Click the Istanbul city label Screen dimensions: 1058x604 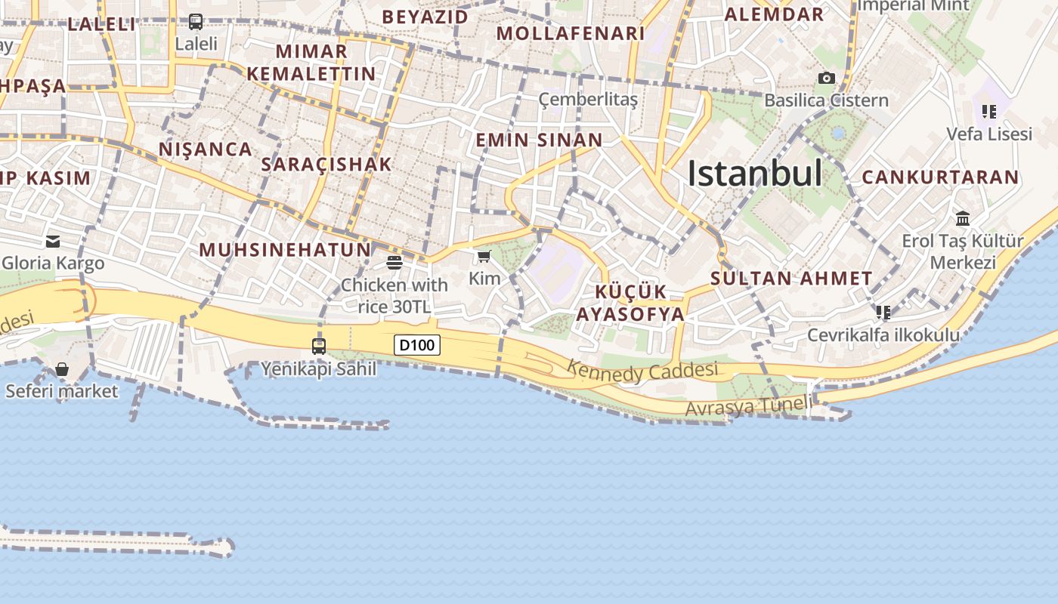(754, 174)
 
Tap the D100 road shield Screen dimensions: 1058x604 (417, 345)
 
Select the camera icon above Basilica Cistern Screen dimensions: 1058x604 (827, 78)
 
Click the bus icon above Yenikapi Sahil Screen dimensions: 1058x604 (319, 347)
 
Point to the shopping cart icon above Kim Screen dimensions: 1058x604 (484, 257)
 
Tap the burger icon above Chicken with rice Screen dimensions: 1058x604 (394, 263)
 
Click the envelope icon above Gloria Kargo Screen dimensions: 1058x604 (53, 242)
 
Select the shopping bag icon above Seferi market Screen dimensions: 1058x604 (62, 369)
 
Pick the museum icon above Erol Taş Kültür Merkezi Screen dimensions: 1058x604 (963, 219)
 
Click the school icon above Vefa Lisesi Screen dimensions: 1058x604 (989, 112)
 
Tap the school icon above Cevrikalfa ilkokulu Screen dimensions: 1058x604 (883, 312)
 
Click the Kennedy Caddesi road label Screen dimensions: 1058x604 (642, 371)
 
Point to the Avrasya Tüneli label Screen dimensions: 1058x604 (749, 405)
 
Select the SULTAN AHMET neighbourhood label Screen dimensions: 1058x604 (791, 278)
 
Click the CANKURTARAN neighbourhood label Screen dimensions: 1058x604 (940, 177)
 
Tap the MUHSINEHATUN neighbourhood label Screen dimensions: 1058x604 (285, 249)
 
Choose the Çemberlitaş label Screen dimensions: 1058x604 (588, 100)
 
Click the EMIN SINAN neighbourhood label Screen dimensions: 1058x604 (539, 140)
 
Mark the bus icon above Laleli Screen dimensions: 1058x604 (196, 22)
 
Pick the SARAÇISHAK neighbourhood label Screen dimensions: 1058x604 (326, 164)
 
